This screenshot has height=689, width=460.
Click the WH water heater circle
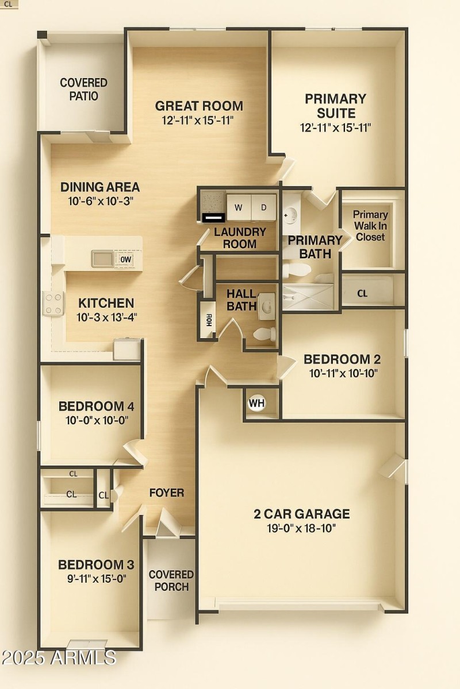coord(256,403)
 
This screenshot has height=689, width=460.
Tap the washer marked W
coord(238,207)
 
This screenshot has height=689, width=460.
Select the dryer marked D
coord(264,207)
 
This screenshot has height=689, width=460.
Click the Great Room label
coord(199,106)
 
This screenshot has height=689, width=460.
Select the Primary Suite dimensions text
coord(335,127)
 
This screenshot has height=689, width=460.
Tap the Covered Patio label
coord(84,90)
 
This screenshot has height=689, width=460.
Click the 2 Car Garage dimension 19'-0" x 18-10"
coord(302,528)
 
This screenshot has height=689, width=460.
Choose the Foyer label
coord(167,493)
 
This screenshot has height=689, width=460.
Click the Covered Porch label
coord(171,580)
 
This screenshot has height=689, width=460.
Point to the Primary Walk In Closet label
coord(370,226)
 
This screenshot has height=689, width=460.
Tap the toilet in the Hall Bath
coord(265,334)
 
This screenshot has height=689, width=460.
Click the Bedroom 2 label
coord(342,359)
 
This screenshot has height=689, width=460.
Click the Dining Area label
coord(100,187)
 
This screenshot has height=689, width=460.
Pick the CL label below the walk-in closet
coord(362,293)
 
